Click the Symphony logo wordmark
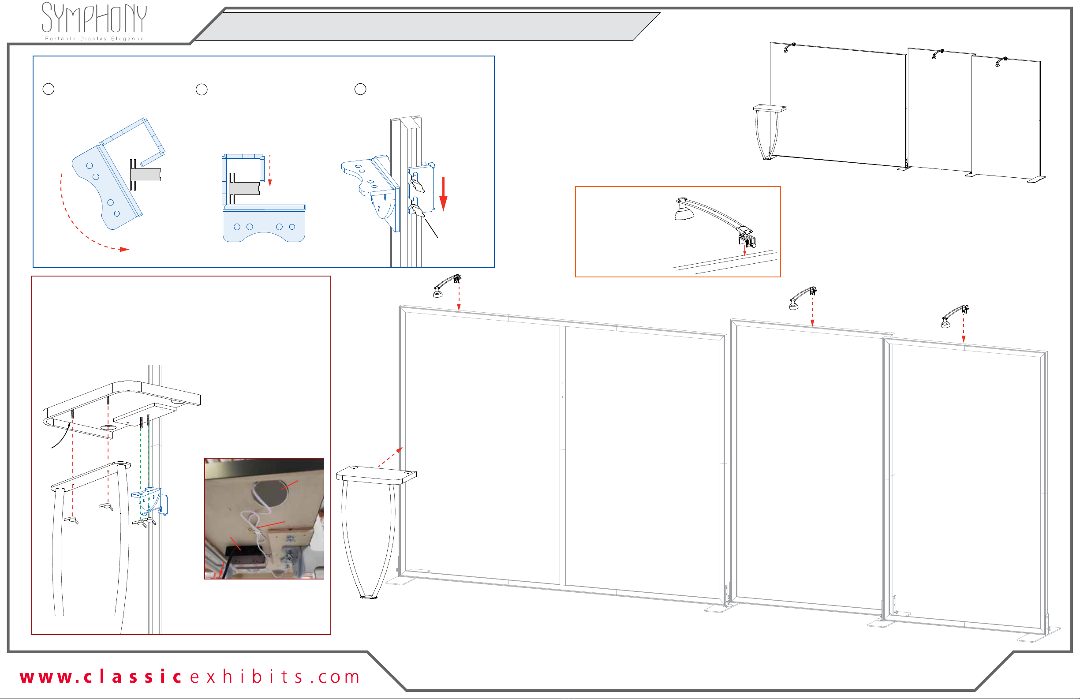coord(94,18)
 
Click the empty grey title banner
coord(426,26)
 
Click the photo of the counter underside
coord(264,519)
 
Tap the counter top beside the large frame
coord(376,475)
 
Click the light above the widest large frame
coord(447,285)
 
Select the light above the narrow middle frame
coord(802,298)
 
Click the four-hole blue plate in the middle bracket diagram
coord(264,224)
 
